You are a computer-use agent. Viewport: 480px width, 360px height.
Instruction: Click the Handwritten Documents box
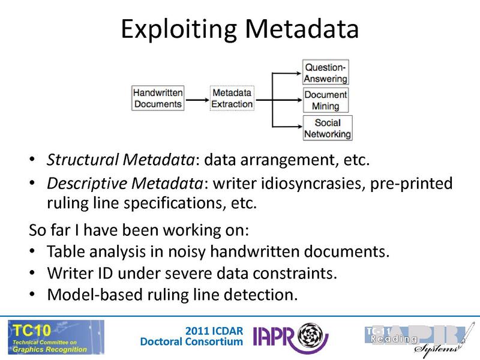pyautogui.click(x=158, y=98)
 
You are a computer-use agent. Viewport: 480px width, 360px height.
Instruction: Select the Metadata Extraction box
pyautogui.click(x=232, y=98)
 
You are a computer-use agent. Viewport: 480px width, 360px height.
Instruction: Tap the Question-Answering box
pyautogui.click(x=325, y=71)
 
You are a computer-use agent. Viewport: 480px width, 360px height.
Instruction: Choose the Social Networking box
pyautogui.click(x=327, y=128)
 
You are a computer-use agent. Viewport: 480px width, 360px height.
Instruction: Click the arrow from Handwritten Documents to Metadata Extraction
pyautogui.click(x=197, y=98)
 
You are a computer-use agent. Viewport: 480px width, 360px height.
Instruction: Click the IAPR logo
pyautogui.click(x=292, y=337)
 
